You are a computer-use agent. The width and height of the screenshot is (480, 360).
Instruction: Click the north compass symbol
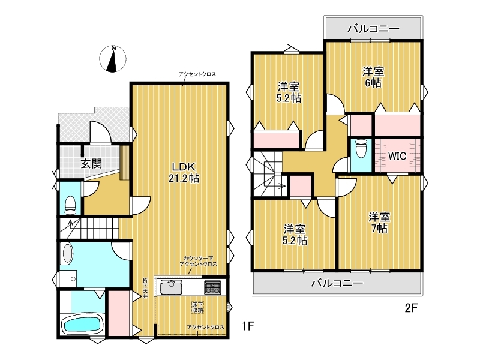coord(113,59)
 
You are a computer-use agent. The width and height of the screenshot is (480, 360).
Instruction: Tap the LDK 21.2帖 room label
coord(184,172)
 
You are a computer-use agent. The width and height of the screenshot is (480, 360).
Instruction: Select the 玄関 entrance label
coord(91,163)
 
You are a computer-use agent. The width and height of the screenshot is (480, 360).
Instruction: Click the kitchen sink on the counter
coord(171,287)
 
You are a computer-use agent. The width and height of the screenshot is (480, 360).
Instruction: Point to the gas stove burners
coord(212,287)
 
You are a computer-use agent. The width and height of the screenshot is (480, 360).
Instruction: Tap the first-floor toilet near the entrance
coord(70,205)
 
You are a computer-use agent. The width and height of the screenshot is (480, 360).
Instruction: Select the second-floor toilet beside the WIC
coord(361,149)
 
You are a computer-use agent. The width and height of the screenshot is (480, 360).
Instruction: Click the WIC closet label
coord(397,156)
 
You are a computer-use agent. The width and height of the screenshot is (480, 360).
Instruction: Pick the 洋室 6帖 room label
coord(373,77)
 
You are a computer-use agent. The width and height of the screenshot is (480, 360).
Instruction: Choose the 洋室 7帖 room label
coord(379,223)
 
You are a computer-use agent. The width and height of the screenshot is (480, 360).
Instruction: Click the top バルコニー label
coord(373,29)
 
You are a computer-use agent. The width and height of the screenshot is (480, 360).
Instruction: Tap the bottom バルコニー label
coord(337,283)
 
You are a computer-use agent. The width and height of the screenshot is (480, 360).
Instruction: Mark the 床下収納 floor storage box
coord(198,307)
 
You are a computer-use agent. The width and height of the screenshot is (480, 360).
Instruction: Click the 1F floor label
coord(248,326)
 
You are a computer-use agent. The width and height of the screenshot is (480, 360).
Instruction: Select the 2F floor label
coord(411,308)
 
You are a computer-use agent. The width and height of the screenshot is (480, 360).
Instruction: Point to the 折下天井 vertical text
coord(145,288)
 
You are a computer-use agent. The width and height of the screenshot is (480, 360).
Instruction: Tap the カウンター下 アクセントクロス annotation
coord(198,261)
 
